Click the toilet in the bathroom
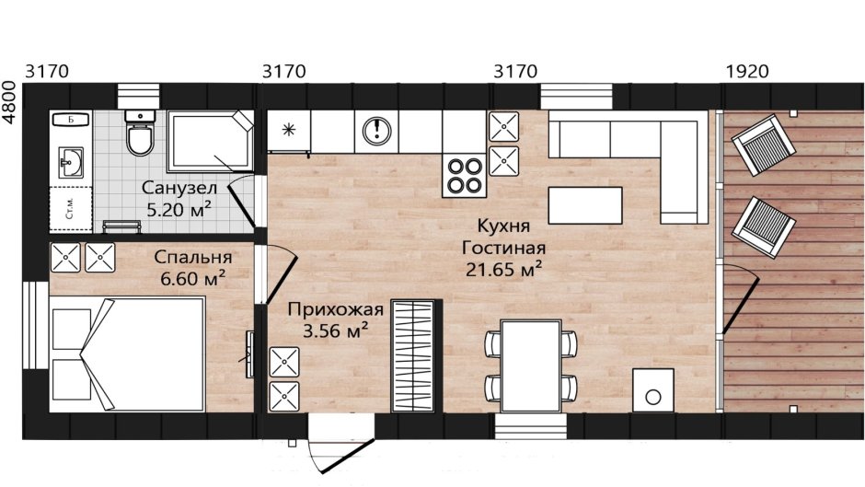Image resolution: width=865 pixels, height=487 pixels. pos(140,139)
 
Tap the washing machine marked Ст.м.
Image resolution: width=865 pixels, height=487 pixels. pos(70,209)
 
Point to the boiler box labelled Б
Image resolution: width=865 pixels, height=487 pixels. pos(70,120)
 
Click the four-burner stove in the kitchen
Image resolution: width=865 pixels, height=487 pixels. pos(464,175)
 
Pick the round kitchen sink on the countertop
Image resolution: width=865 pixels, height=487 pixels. pos(377,130)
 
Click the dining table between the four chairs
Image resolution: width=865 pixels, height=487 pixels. pos(531,364)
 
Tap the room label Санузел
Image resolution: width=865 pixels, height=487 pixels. pos(171,188)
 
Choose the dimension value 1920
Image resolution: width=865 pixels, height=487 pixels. pos(745,71)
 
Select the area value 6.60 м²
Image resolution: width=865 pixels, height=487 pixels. pos(190,276)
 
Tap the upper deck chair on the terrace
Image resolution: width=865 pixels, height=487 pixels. pos(763,145)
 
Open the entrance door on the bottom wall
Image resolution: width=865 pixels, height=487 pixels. pos(341,446)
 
